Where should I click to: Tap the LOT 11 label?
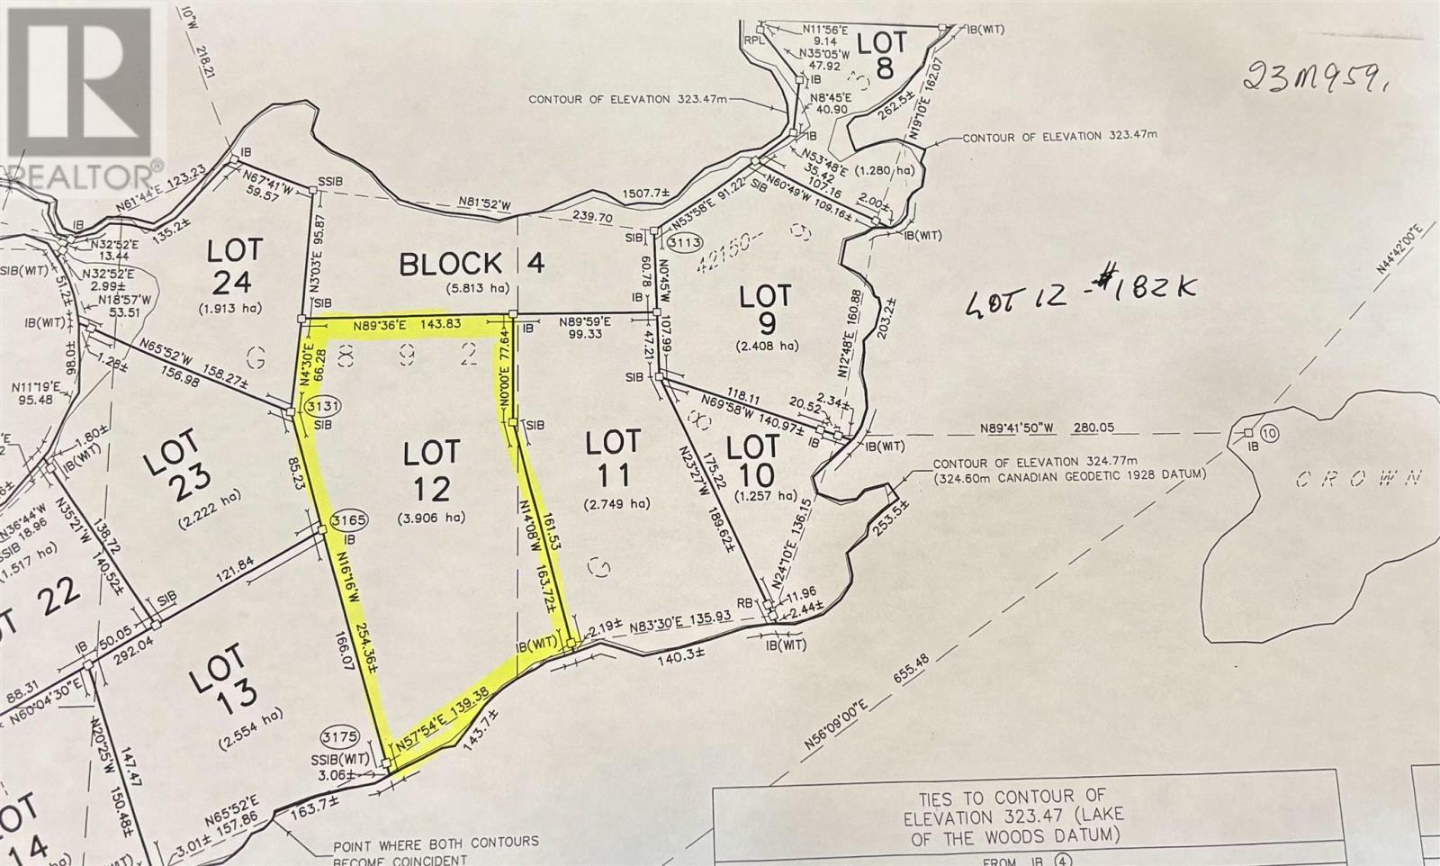[x=613, y=457]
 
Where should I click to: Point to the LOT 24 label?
[x=233, y=266]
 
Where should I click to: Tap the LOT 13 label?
[x=219, y=674]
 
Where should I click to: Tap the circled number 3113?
[x=685, y=241]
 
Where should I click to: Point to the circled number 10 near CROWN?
[x=1269, y=433]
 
